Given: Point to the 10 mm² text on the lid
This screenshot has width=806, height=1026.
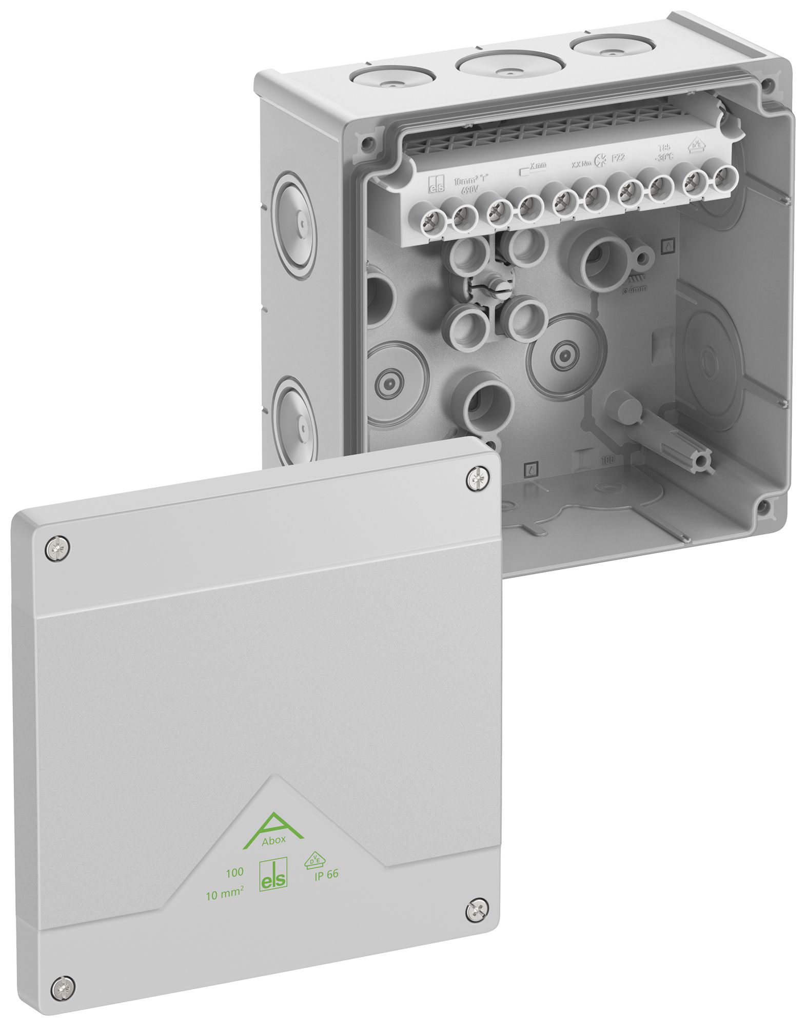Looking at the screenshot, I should click(224, 895).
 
